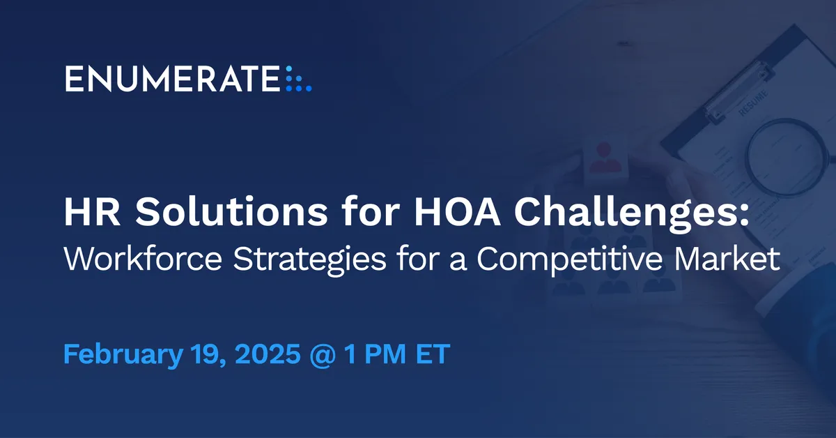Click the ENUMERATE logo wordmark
[x=173, y=79]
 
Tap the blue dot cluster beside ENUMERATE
[x=299, y=79]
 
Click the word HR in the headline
[x=92, y=212]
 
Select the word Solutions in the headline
[x=231, y=212]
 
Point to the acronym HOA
[x=457, y=212]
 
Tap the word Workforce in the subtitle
[x=144, y=259]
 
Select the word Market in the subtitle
[x=727, y=259]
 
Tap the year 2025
[x=268, y=354]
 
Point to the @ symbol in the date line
[x=323, y=355]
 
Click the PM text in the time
[x=385, y=354]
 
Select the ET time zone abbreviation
[x=433, y=354]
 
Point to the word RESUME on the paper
[x=754, y=103]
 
